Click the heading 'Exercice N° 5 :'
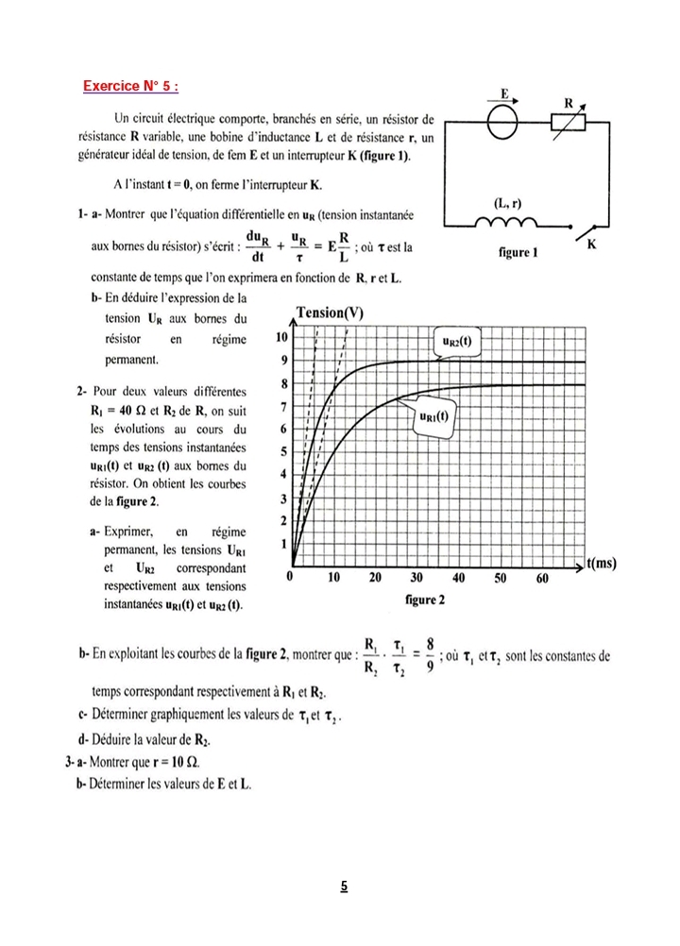[x=130, y=86]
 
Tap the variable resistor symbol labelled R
[x=569, y=122]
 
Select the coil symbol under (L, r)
[x=507, y=224]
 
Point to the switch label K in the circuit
[x=591, y=245]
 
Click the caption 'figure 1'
[x=518, y=253]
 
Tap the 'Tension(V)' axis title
[x=331, y=313]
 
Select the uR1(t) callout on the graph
[x=432, y=416]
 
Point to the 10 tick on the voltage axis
[x=280, y=337]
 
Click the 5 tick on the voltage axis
[x=281, y=451]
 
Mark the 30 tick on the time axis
[x=416, y=578]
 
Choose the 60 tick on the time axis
[x=542, y=578]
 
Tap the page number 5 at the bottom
[x=344, y=886]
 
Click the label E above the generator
[x=505, y=93]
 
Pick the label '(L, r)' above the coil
[x=508, y=202]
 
